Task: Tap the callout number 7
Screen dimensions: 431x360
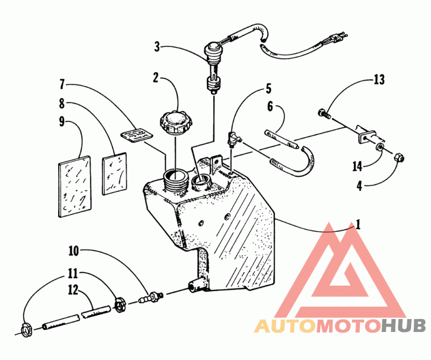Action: [62, 84]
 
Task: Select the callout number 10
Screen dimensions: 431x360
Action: [74, 251]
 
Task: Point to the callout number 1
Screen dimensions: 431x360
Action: [358, 224]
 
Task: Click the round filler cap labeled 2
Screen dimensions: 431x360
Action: [177, 122]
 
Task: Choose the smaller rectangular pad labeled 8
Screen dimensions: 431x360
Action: [115, 174]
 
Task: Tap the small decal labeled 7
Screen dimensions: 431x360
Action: [137, 134]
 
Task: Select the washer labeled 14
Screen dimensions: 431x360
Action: [380, 148]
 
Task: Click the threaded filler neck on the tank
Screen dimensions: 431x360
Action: [175, 179]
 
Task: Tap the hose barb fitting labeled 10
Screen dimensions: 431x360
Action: [151, 297]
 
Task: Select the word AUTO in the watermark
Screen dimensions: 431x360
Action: [284, 326]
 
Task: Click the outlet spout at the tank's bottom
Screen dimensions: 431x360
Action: [196, 285]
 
